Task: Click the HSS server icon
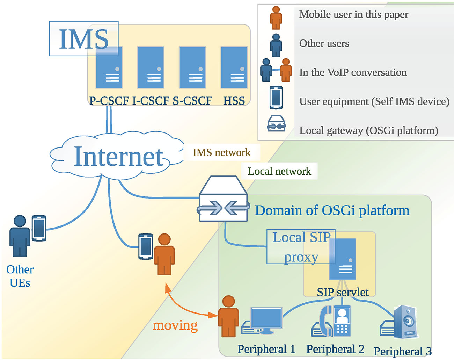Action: click(x=234, y=67)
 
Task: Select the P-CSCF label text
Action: click(x=109, y=101)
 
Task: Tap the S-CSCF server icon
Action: click(x=192, y=67)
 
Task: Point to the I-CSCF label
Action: click(x=151, y=101)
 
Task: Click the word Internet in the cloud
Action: click(x=119, y=157)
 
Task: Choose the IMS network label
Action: click(x=221, y=152)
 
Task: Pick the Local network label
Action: click(x=279, y=171)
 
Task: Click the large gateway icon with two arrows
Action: click(x=224, y=199)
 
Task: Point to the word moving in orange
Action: click(x=175, y=325)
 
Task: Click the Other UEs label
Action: click(x=20, y=276)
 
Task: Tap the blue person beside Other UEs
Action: click(x=20, y=236)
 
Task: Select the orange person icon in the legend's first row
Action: click(x=276, y=17)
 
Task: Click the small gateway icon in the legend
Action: click(x=276, y=124)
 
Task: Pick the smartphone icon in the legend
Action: click(x=276, y=98)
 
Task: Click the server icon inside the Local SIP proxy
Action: click(x=343, y=259)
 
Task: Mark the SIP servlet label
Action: click(x=343, y=292)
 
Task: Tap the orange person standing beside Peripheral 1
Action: click(x=228, y=316)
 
